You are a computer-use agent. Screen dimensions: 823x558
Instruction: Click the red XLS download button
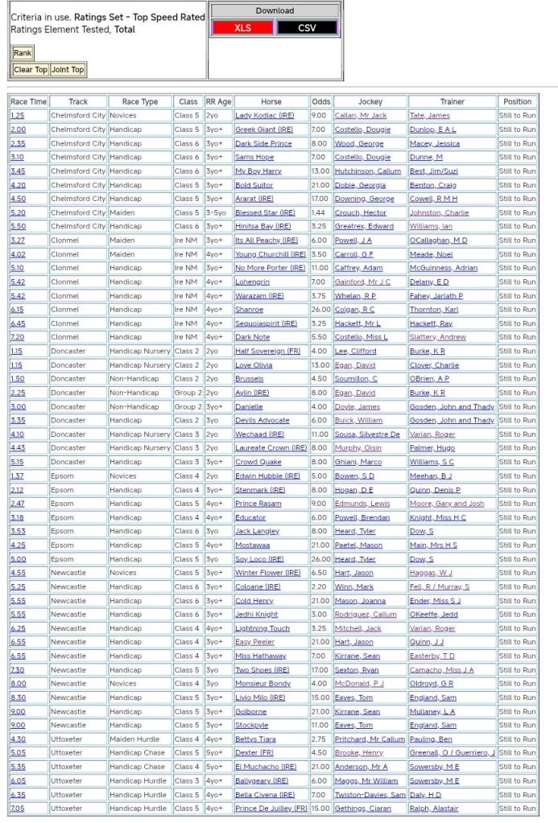click(242, 28)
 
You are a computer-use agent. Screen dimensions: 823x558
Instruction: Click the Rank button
click(23, 53)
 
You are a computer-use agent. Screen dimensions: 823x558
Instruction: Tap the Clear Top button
click(31, 70)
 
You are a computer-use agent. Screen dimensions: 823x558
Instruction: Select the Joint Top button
click(68, 70)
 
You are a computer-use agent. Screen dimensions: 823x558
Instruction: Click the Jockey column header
click(370, 102)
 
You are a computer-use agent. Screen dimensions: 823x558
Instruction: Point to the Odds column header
click(321, 102)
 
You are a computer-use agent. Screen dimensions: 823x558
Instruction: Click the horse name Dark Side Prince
click(263, 143)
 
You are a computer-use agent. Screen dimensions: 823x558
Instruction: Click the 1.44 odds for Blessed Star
click(320, 212)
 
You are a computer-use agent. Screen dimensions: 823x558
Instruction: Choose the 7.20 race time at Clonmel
click(17, 337)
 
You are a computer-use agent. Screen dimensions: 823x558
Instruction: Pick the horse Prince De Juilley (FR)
click(271, 809)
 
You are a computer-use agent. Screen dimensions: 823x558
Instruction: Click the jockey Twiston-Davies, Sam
click(370, 795)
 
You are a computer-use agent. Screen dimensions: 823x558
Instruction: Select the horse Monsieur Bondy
click(262, 684)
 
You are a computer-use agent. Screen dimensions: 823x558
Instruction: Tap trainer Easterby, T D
click(432, 656)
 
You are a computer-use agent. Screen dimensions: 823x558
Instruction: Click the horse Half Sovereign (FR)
click(269, 351)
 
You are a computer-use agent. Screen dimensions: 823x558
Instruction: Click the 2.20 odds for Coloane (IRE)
click(320, 586)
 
